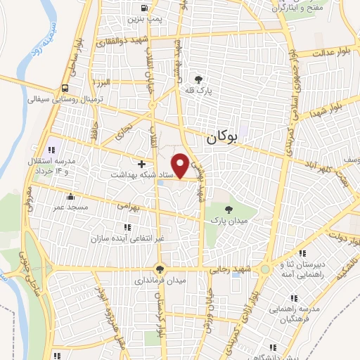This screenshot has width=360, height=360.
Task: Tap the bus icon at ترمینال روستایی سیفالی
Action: [x=65, y=89]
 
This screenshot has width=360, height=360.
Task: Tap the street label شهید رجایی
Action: [x=231, y=269]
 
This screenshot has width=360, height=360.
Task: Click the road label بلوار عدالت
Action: [x=326, y=53]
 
